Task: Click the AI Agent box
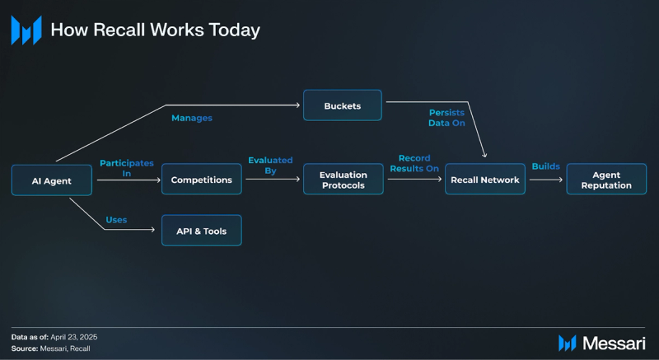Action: click(x=52, y=180)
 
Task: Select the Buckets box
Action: click(x=343, y=105)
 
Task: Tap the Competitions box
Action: click(x=202, y=180)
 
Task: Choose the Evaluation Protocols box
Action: click(x=344, y=180)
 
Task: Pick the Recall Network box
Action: click(x=485, y=180)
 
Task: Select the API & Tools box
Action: click(x=202, y=231)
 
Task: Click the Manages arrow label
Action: click(x=192, y=118)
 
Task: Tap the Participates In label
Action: click(x=127, y=169)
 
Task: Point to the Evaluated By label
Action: click(x=270, y=166)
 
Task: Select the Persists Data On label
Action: click(x=447, y=117)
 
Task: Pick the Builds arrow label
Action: click(x=545, y=166)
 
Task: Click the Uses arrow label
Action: click(x=116, y=219)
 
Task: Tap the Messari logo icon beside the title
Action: click(x=26, y=30)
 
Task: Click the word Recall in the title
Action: click(x=119, y=30)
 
